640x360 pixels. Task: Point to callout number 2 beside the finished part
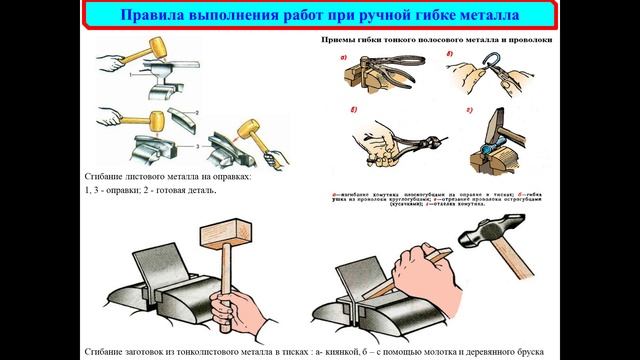(198, 112)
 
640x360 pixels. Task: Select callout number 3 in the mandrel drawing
(198, 146)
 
